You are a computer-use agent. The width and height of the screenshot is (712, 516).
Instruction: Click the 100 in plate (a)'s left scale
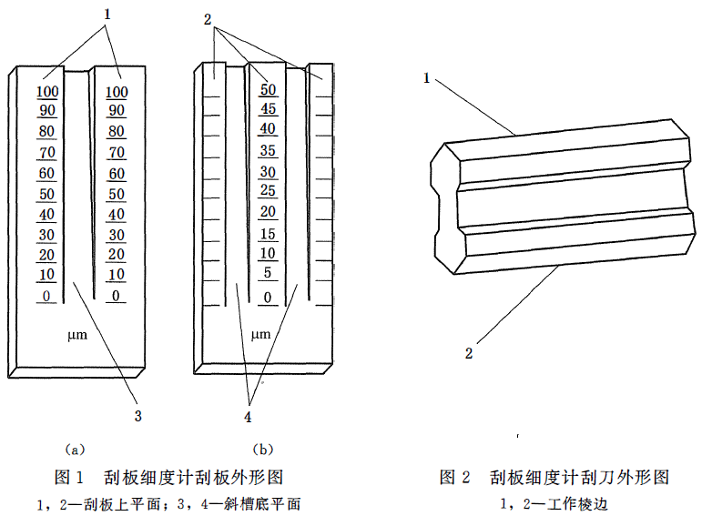pyautogui.click(x=47, y=92)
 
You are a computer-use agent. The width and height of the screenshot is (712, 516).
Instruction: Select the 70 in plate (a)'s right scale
pyautogui.click(x=117, y=153)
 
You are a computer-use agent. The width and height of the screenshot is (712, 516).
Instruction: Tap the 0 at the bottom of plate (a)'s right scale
pyautogui.click(x=117, y=296)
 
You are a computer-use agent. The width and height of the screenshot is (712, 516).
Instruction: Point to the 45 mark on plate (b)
pyautogui.click(x=268, y=109)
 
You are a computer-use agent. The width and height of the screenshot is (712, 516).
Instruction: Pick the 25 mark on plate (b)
pyautogui.click(x=268, y=190)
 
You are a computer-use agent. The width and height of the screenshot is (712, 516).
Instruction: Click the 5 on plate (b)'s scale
pyautogui.click(x=268, y=273)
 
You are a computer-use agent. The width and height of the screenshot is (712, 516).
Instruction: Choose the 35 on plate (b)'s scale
pyautogui.click(x=268, y=150)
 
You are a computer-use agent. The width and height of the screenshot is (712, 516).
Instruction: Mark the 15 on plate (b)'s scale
pyautogui.click(x=268, y=234)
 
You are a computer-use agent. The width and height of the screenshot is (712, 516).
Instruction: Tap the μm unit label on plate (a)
pyautogui.click(x=77, y=336)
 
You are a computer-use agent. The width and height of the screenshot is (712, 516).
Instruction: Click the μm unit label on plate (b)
pyautogui.click(x=260, y=335)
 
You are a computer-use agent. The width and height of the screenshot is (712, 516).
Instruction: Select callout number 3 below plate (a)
pyautogui.click(x=138, y=416)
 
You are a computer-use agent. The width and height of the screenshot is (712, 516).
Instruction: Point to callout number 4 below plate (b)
pyautogui.click(x=248, y=417)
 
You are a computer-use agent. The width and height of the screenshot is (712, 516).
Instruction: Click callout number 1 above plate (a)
pyautogui.click(x=107, y=15)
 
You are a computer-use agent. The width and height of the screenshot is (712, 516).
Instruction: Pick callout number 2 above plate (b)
pyautogui.click(x=208, y=19)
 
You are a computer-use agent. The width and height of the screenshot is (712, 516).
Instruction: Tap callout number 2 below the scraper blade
pyautogui.click(x=469, y=352)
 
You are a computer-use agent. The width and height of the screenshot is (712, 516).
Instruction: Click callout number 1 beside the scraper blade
pyautogui.click(x=426, y=78)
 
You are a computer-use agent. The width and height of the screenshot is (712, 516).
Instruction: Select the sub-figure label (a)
pyautogui.click(x=75, y=450)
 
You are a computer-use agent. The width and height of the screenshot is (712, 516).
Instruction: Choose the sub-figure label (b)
pyautogui.click(x=263, y=450)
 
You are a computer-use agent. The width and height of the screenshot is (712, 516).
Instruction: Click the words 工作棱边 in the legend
pyautogui.click(x=577, y=504)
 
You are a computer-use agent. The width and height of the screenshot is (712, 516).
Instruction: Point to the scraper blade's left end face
pyautogui.click(x=446, y=208)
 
